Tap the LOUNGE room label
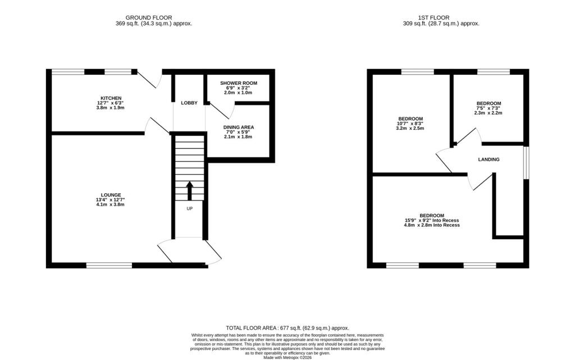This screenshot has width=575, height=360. click(110, 195)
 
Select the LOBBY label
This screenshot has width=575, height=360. click(189, 103)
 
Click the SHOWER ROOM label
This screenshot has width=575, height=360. click(238, 83)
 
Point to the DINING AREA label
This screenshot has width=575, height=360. click(239, 127)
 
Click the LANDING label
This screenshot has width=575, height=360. click(489, 160)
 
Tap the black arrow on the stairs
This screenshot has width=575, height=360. click(189, 190)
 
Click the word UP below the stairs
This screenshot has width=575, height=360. click(189, 208)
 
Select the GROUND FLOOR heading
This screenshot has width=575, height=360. click(149, 18)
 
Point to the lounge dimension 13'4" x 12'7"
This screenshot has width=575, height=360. click(110, 200)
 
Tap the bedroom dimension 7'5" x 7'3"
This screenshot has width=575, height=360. click(489, 108)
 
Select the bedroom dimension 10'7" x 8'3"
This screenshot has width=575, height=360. click(410, 124)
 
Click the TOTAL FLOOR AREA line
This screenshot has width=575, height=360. click(287, 328)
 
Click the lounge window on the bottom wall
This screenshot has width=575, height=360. click(109, 265)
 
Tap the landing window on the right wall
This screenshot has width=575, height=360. click(526, 163)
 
